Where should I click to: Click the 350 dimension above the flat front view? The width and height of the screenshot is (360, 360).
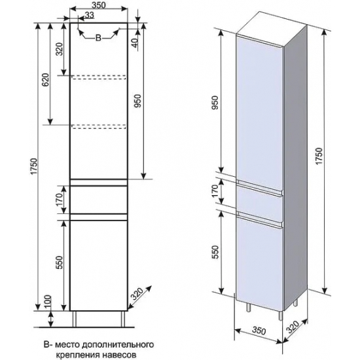(x=98, y=5)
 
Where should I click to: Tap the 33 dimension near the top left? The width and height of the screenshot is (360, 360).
(x=89, y=15)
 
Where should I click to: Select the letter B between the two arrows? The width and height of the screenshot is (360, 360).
(x=98, y=38)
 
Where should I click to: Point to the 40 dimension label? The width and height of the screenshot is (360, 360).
(x=135, y=42)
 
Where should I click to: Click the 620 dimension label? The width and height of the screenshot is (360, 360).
(x=45, y=80)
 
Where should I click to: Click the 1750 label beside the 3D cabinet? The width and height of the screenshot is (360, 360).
(x=319, y=156)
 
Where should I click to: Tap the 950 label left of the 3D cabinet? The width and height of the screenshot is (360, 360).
(x=215, y=103)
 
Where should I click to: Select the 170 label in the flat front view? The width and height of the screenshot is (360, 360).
(x=59, y=200)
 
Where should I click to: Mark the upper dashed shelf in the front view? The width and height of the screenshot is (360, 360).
(x=99, y=77)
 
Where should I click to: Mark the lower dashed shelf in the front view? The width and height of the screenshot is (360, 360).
(x=99, y=127)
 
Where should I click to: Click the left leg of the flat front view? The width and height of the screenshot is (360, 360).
(x=75, y=319)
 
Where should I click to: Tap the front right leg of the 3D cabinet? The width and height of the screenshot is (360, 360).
(x=280, y=315)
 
